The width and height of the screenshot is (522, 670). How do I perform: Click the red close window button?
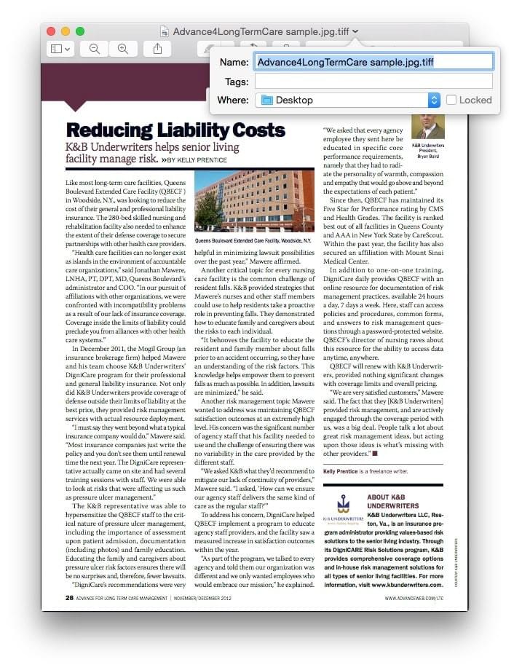51,31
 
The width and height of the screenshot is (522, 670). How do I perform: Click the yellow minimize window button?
66,31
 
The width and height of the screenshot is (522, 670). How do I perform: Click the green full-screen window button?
80,31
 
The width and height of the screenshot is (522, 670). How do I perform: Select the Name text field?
373,62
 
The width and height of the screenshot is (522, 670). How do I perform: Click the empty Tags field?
373,82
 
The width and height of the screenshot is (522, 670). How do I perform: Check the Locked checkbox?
452,100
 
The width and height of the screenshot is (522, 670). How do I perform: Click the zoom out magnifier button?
95,49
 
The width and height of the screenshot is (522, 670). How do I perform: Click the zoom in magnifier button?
123,49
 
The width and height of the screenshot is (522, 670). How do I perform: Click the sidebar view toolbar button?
60,49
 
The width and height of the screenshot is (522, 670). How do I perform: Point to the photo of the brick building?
255,201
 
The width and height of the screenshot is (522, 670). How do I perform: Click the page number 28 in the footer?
68,598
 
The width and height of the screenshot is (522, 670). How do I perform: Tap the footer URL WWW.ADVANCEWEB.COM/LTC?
414,599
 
